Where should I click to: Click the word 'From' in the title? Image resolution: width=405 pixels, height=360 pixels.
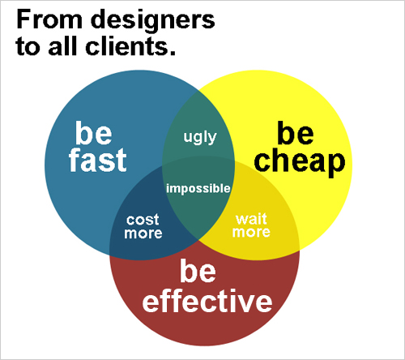(49, 19)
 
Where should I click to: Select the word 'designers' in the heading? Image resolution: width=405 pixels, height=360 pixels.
(153, 22)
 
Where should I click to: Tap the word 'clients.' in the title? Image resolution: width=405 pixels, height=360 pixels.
(130, 46)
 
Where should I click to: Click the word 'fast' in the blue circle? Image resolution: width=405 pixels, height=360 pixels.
(98, 160)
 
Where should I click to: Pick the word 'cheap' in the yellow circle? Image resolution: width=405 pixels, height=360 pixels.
(300, 162)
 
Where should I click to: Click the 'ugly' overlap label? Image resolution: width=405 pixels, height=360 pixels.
(200, 137)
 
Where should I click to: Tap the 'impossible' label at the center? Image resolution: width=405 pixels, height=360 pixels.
(198, 188)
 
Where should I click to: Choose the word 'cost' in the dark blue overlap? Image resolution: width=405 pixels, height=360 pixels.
(143, 220)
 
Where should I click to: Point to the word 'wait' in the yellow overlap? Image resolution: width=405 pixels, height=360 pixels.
(251, 219)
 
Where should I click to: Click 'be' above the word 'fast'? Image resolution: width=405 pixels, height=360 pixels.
(93, 133)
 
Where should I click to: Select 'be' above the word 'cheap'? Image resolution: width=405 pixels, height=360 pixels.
(296, 133)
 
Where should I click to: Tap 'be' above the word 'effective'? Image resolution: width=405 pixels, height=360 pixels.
(198, 271)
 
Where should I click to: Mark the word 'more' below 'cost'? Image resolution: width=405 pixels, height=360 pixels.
(143, 234)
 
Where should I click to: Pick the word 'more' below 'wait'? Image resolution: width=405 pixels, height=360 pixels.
(251, 232)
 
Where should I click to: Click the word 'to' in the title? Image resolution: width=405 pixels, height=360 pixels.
(27, 46)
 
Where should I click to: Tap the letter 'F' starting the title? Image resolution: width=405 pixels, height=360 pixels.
(23, 19)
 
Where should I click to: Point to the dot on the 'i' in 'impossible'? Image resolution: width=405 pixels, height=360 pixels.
(168, 184)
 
